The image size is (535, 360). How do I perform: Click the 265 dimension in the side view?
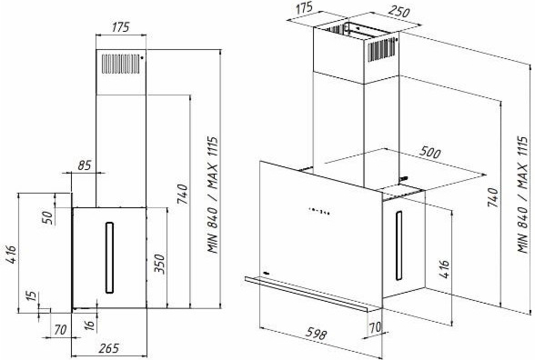click(109, 348)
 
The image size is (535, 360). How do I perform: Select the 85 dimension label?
click(85, 165)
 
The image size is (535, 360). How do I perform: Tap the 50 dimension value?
click(47, 217)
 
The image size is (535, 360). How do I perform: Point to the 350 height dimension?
click(159, 264)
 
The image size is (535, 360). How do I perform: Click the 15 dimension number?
click(31, 295)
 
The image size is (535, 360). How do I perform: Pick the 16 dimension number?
click(89, 324)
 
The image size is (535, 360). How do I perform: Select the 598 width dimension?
click(316, 335)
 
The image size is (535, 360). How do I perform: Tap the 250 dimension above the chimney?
click(399, 12)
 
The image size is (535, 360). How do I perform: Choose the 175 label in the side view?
click(121, 27)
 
